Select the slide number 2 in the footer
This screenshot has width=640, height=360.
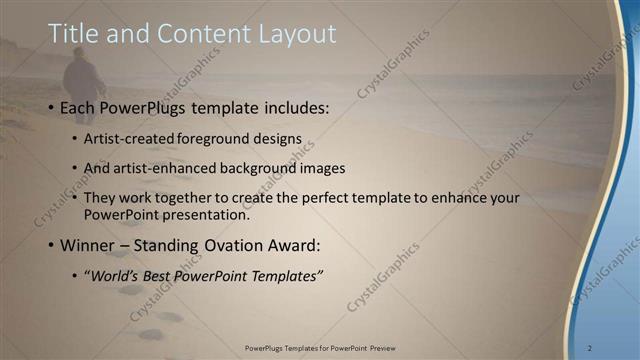[589, 347]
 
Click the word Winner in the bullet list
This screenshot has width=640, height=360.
[93, 243]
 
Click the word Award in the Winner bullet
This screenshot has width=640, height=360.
[297, 243]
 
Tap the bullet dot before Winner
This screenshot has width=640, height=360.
[51, 244]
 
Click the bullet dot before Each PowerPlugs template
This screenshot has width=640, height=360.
[51, 107]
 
